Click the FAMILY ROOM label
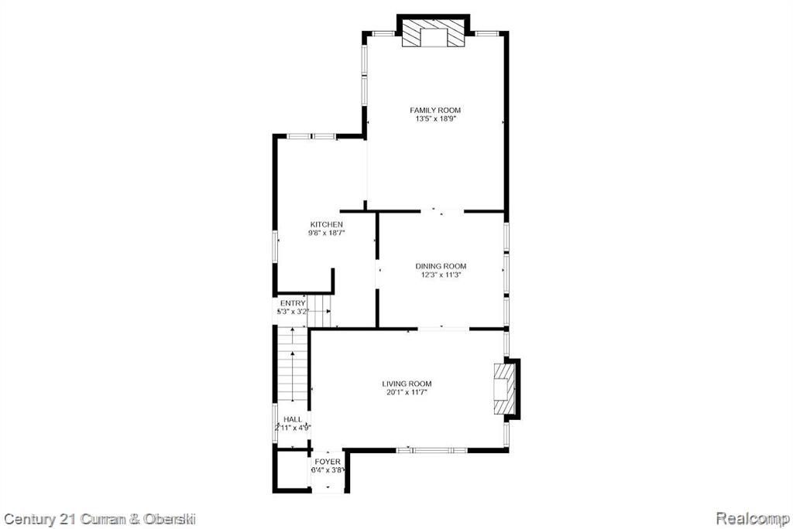pyautogui.click(x=435, y=110)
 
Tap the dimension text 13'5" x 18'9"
pyautogui.click(x=435, y=119)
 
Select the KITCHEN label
pyautogui.click(x=326, y=224)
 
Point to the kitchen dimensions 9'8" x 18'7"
pyautogui.click(x=326, y=233)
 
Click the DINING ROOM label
pyautogui.click(x=441, y=266)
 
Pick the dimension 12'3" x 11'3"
pyautogui.click(x=441, y=275)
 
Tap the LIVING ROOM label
pyautogui.click(x=407, y=384)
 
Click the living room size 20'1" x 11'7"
pyautogui.click(x=407, y=392)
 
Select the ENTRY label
pyautogui.click(x=293, y=303)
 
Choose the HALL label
pyautogui.click(x=293, y=419)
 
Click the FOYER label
pyautogui.click(x=328, y=462)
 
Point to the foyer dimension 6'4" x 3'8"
pyautogui.click(x=328, y=470)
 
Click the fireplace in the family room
pyautogui.click(x=433, y=33)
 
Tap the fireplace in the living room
pyautogui.click(x=504, y=388)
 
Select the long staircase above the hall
pyautogui.click(x=293, y=365)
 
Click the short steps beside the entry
pyautogui.click(x=318, y=311)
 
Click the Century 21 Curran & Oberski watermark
pyautogui.click(x=100, y=519)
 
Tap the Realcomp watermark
pyautogui.click(x=753, y=519)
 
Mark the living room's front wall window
pyautogui.click(x=431, y=449)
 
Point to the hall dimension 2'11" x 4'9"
pyautogui.click(x=293, y=428)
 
